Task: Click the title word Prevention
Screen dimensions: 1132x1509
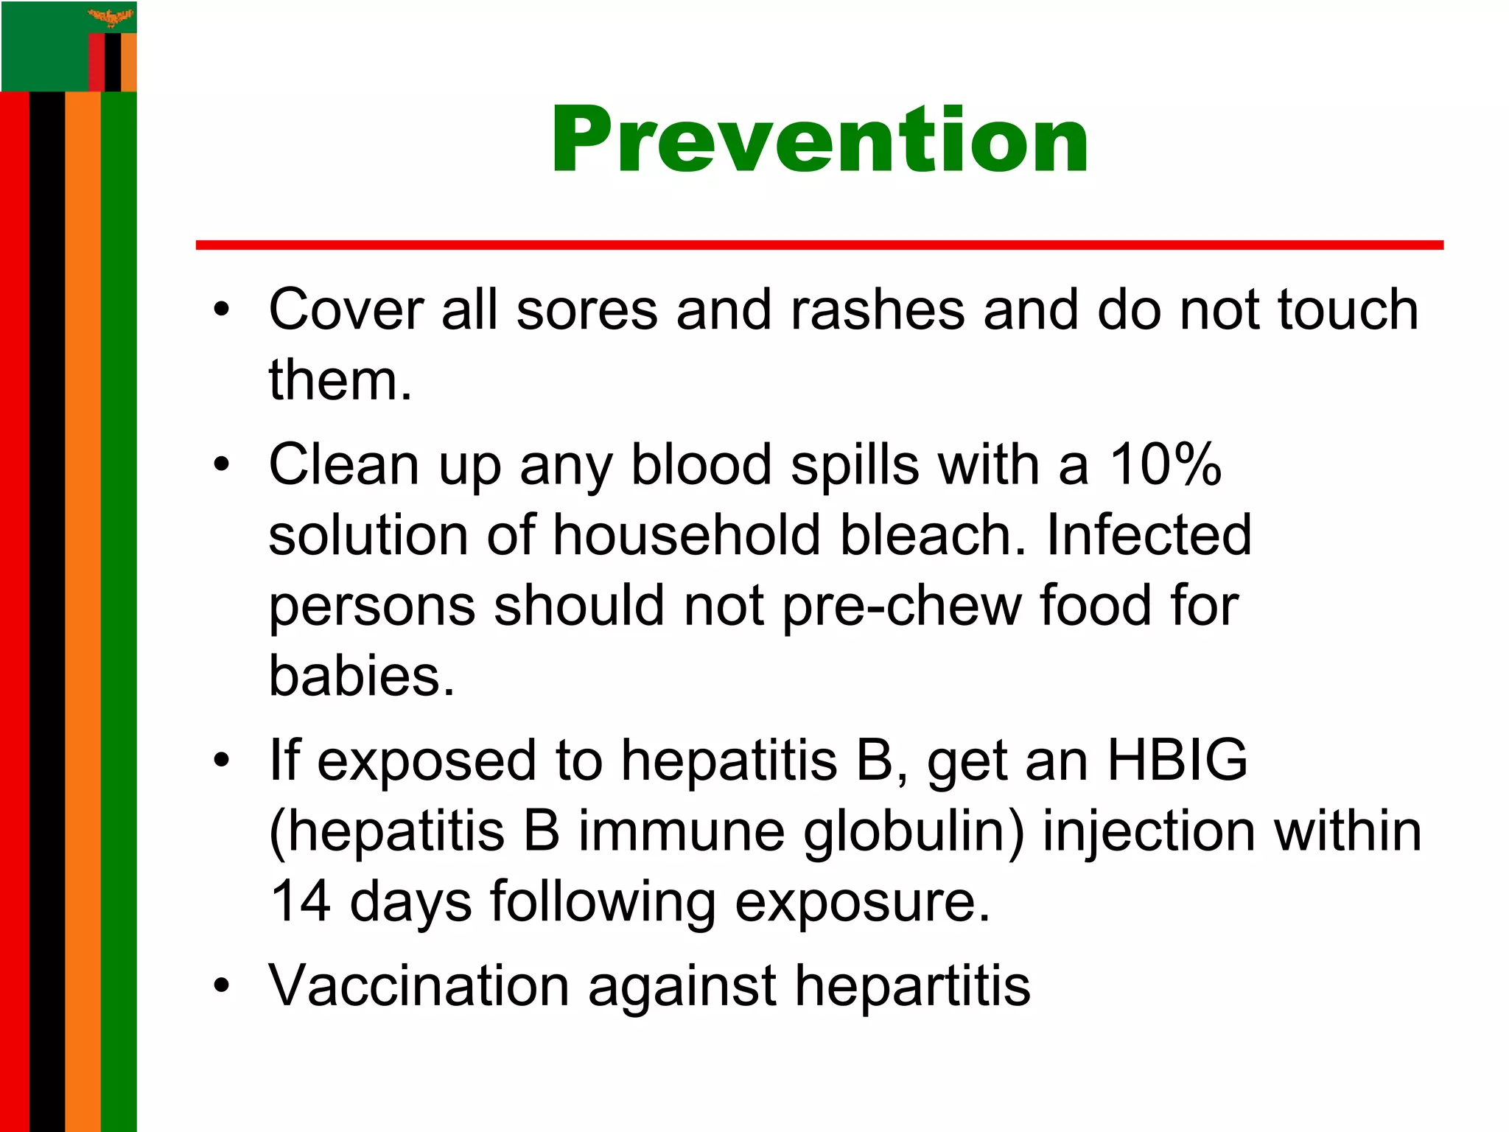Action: pos(819,140)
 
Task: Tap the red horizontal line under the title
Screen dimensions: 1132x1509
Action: pos(819,245)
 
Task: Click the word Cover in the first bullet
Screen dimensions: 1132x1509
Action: pos(346,309)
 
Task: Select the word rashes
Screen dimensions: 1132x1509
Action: pos(877,309)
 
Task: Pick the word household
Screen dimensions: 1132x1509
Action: pos(686,534)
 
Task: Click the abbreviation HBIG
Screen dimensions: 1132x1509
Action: pos(1177,760)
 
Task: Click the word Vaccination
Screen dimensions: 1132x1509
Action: pos(419,985)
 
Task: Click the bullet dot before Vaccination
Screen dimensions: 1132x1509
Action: pos(222,985)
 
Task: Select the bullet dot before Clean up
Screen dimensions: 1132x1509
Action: pos(222,465)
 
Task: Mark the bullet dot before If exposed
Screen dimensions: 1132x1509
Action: pos(222,761)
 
